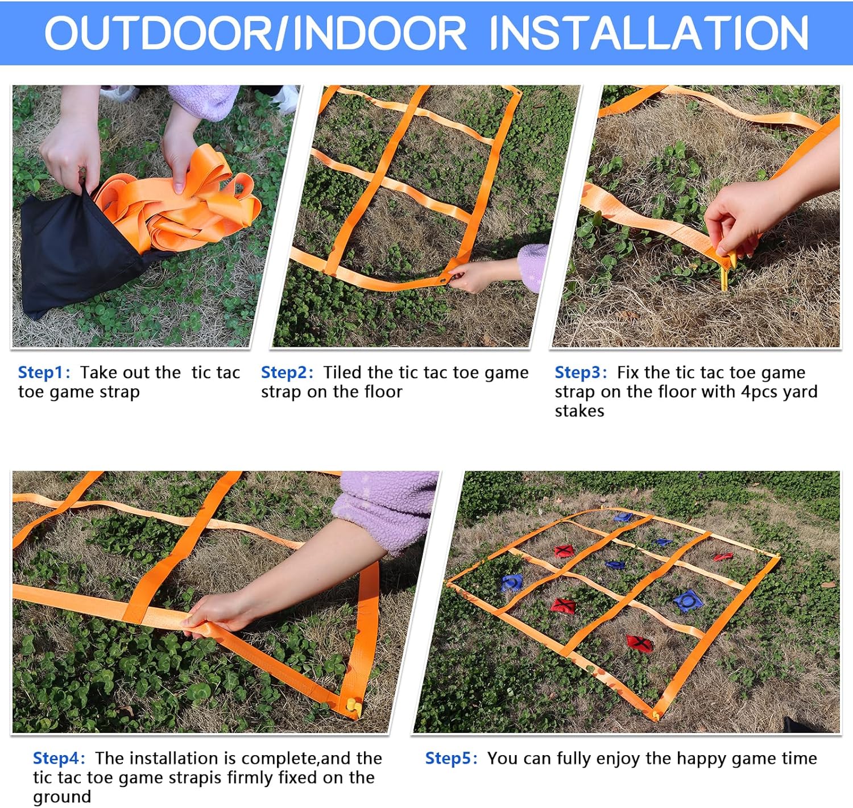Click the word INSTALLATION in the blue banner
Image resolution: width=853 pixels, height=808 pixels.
(x=649, y=33)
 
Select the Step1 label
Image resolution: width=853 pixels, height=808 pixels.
(x=44, y=372)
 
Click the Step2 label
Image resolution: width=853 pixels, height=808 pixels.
(x=287, y=372)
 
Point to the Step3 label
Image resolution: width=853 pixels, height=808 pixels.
(x=581, y=372)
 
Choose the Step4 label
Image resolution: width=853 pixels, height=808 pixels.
(x=59, y=758)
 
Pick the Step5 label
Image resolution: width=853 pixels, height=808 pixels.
(x=451, y=758)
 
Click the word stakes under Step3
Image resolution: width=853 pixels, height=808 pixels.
(x=579, y=411)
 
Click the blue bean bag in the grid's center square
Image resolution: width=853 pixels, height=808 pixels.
(x=615, y=565)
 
